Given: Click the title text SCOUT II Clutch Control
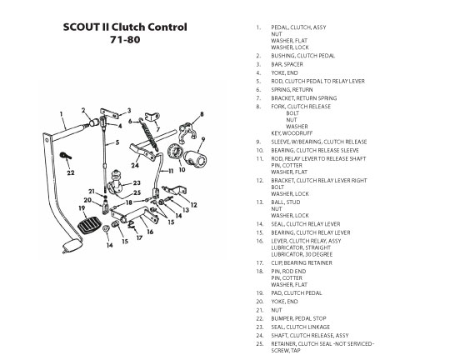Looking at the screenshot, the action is click(125, 27).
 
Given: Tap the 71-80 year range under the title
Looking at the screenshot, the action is click(125, 39).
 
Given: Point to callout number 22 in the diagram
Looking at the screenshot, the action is click(71, 172).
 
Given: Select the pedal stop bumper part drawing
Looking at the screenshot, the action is click(66, 156).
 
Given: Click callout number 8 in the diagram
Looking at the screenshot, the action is click(202, 114).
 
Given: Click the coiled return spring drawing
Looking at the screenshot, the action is click(149, 134).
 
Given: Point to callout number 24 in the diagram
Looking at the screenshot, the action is click(135, 165).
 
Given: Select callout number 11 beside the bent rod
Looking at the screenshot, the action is click(171, 171).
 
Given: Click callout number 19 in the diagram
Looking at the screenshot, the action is click(82, 207).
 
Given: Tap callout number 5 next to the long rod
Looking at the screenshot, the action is click(117, 142).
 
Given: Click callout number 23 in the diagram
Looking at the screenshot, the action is click(137, 182).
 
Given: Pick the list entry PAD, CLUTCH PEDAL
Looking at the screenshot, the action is click(297, 293).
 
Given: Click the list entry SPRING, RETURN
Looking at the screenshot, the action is click(292, 90).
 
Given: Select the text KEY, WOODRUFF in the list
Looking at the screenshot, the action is click(292, 133).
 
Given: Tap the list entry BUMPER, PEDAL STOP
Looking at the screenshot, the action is click(298, 318).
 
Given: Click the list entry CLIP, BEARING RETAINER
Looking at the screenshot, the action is click(302, 263).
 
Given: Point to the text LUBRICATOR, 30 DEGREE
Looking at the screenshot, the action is click(302, 254).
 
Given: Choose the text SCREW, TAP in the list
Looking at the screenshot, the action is click(286, 351).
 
